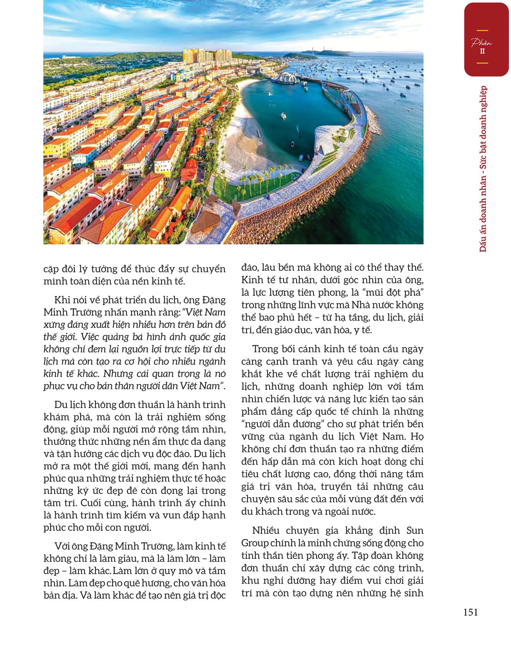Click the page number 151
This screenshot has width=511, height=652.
pyautogui.click(x=470, y=612)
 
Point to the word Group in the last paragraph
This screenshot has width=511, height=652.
pyautogui.click(x=254, y=543)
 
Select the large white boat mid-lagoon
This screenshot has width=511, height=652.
pyautogui.click(x=283, y=115)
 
